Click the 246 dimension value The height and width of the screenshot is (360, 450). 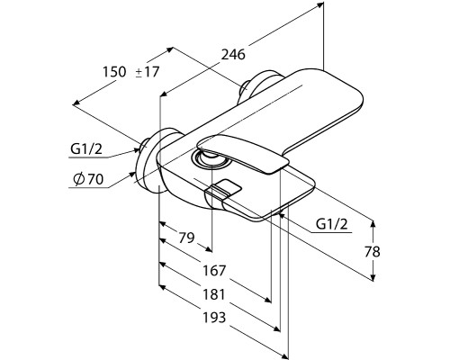(233, 55)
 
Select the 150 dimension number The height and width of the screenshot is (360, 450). (114, 72)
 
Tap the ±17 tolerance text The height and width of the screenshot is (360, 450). (147, 72)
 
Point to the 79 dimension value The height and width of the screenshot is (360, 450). (186, 238)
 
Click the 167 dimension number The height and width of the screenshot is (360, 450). (214, 271)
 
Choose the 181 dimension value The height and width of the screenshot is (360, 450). (214, 294)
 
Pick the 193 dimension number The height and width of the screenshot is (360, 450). (214, 318)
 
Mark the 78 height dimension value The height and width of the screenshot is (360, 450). (373, 252)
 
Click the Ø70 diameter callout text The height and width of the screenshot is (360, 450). (88, 179)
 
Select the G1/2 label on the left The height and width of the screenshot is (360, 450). (86, 148)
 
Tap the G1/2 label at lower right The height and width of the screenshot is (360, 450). (332, 224)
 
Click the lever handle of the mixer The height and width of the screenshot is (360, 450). (243, 153)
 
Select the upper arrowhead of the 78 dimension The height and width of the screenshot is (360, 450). (373, 224)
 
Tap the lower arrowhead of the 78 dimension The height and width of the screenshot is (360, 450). (373, 278)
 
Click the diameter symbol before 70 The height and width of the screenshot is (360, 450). (79, 179)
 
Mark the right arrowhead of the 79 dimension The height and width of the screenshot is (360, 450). (209, 249)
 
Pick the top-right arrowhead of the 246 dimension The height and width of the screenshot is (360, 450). (320, 4)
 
